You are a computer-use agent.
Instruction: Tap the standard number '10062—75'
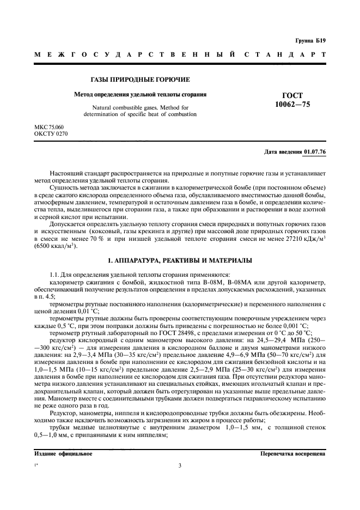point(293,104)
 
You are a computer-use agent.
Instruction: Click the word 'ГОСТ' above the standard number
point(293,95)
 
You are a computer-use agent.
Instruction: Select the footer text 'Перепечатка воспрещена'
point(293,453)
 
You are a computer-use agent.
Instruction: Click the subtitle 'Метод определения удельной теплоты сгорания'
point(140,94)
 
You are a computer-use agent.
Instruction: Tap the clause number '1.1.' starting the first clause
point(56,275)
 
